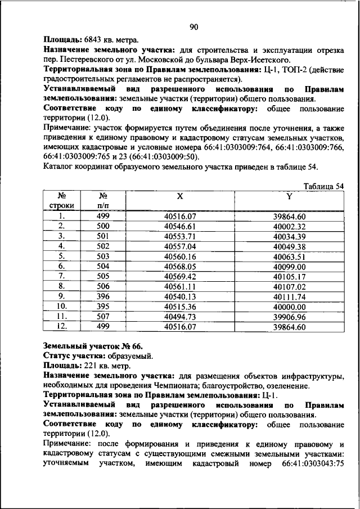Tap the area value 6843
click(x=94, y=40)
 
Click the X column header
click(x=179, y=196)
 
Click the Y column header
click(x=289, y=196)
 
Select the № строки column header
click(x=62, y=201)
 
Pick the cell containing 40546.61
click(x=179, y=226)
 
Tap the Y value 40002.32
click(x=289, y=226)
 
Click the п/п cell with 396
click(x=102, y=296)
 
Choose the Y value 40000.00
click(x=289, y=307)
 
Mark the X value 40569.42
click(x=179, y=276)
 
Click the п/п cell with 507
click(x=102, y=317)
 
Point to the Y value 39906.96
click(x=289, y=317)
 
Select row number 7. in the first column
click(x=62, y=276)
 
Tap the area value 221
click(x=92, y=366)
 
